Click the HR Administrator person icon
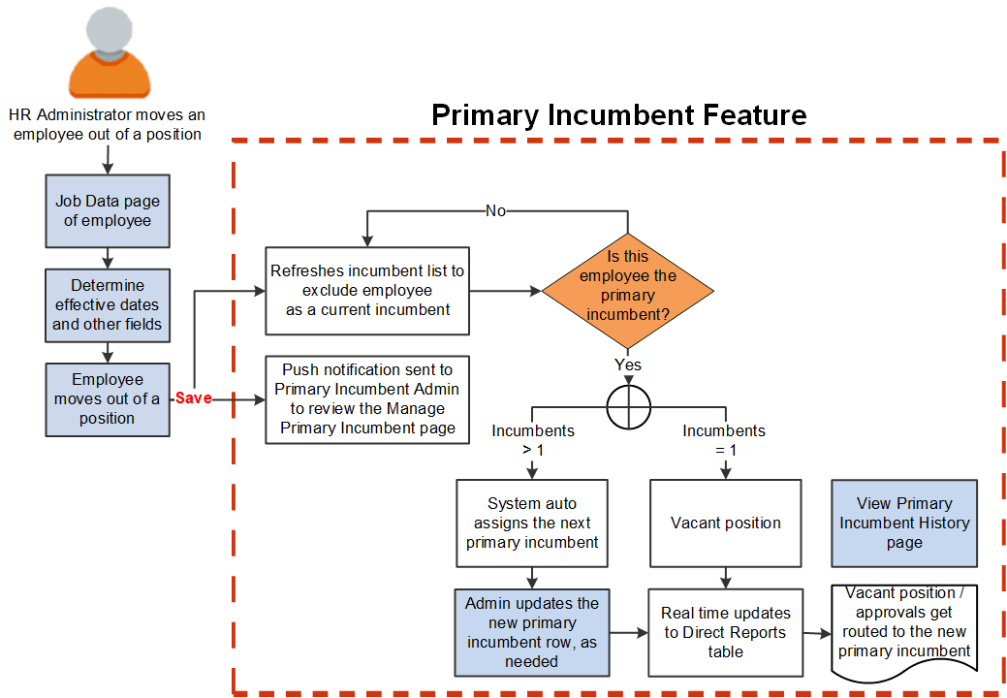pos(110,52)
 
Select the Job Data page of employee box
pos(108,210)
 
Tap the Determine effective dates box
pos(108,305)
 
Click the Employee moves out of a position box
pos(108,398)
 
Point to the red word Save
pos(193,398)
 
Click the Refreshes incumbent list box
pos(367,291)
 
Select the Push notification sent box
pos(367,399)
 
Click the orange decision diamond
pos(628,291)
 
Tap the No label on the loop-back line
pos(495,210)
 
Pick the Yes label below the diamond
pos(628,365)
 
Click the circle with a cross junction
pos(628,406)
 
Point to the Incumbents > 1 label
pos(532,439)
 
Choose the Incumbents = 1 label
pos(724,439)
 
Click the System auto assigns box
pos(532,523)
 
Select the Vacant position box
pos(726,523)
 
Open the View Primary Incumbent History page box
pos(904,523)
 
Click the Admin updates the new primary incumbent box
pos(532,632)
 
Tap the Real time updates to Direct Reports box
pos(726,632)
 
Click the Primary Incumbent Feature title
pos(618,114)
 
